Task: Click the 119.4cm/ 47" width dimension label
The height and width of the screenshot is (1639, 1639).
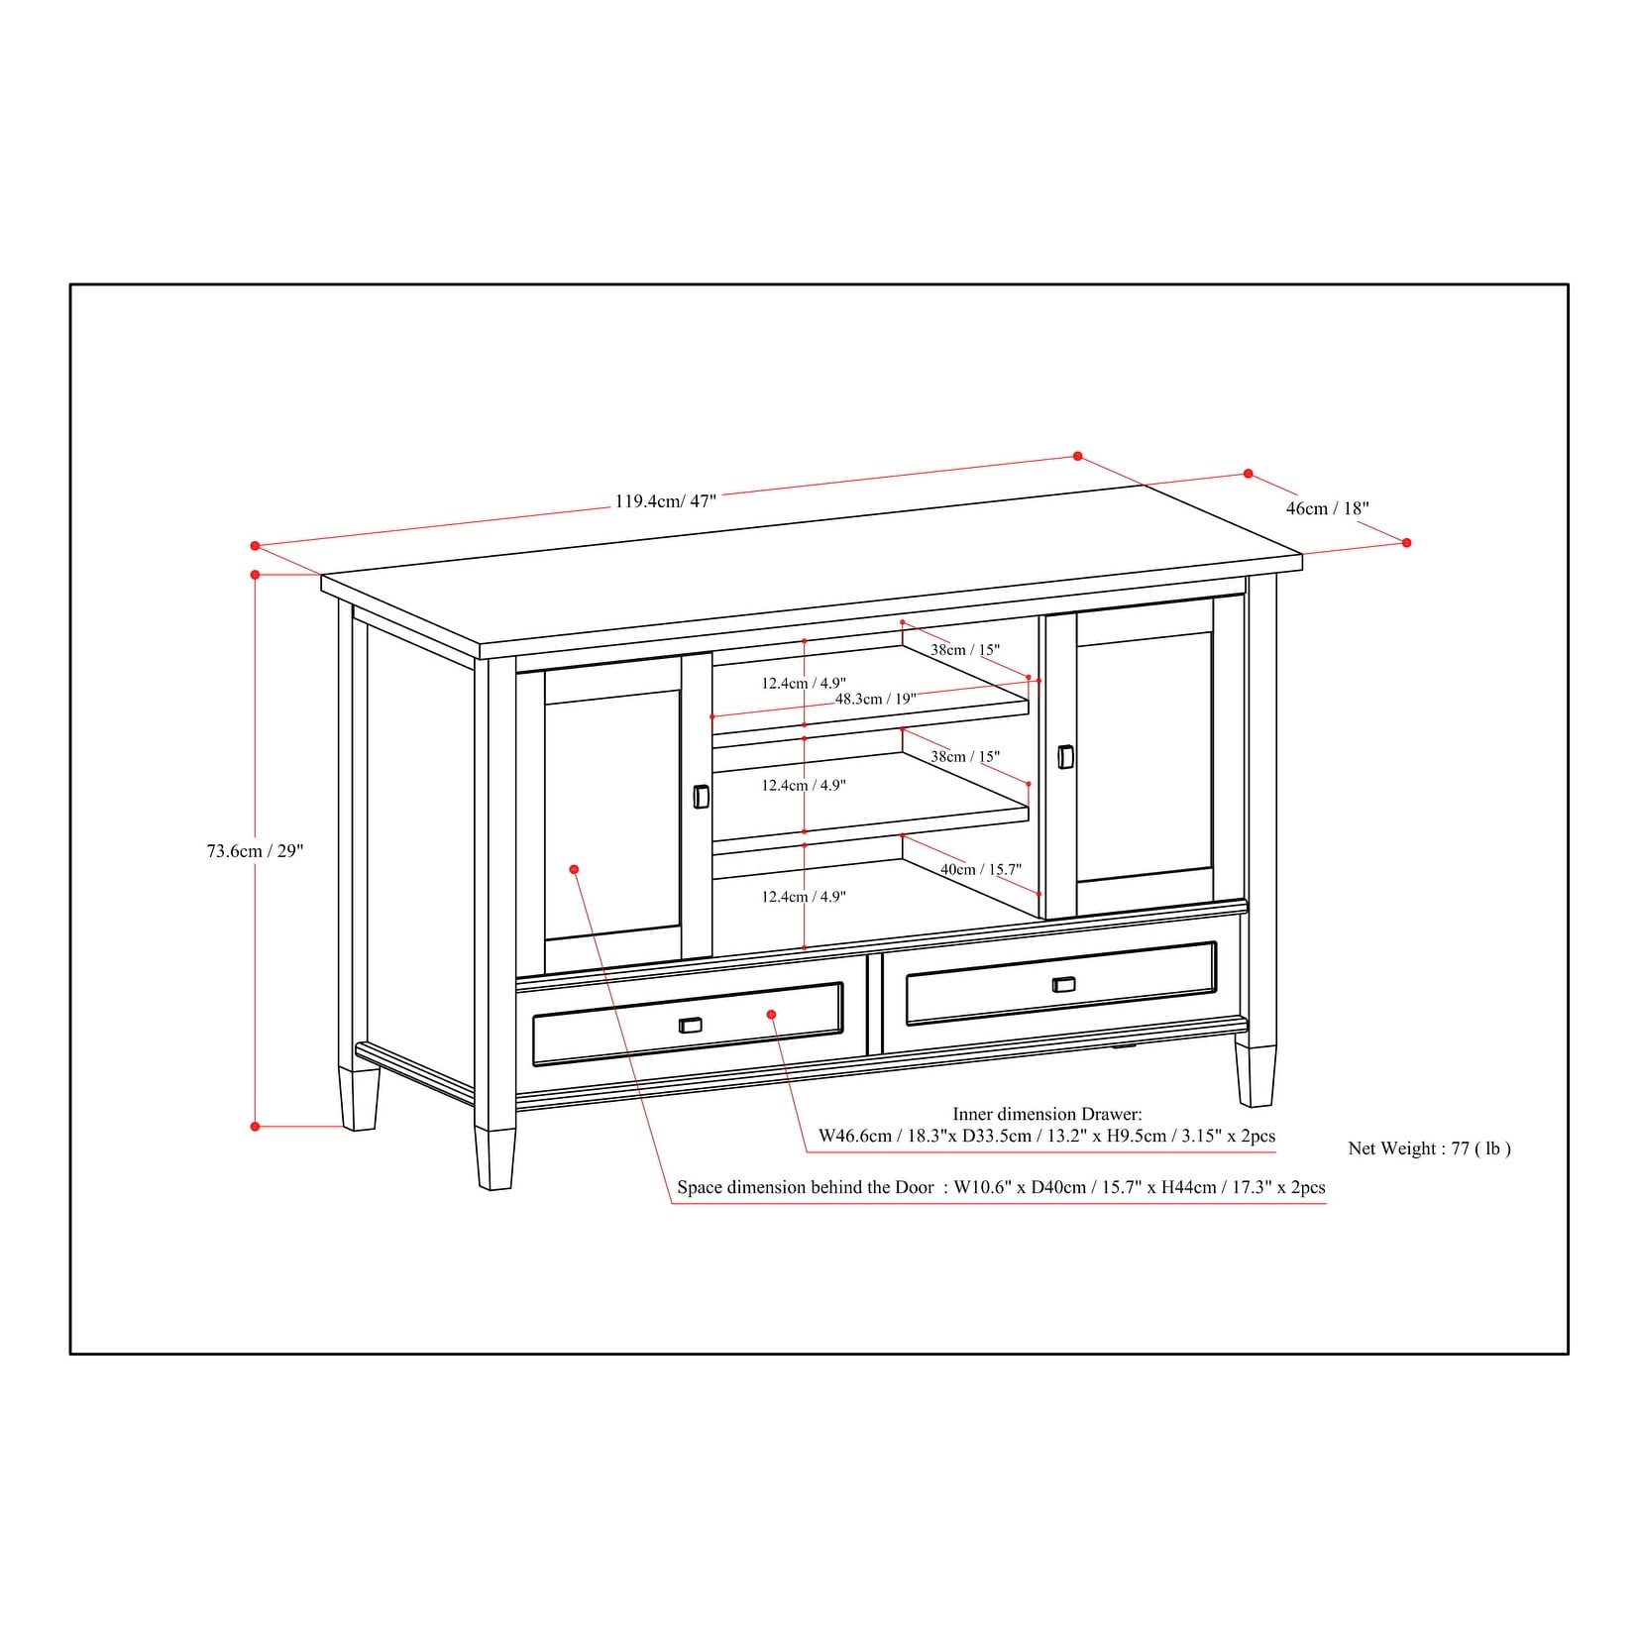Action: pyautogui.click(x=665, y=501)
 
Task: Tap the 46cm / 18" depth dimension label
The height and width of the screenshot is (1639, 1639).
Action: pyautogui.click(x=1327, y=508)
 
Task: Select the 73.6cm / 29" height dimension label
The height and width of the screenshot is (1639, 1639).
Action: pyautogui.click(x=255, y=850)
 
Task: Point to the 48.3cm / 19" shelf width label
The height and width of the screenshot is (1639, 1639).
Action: pyautogui.click(x=875, y=699)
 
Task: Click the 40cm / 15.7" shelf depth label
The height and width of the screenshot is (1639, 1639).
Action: pyautogui.click(x=980, y=869)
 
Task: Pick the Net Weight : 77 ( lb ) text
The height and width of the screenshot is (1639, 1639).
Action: pyautogui.click(x=1429, y=1148)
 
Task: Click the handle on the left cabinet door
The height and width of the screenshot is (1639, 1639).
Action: pyautogui.click(x=701, y=797)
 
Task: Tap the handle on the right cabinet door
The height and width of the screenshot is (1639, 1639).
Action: pyautogui.click(x=1065, y=756)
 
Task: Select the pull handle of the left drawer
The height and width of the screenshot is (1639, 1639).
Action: pyautogui.click(x=691, y=1025)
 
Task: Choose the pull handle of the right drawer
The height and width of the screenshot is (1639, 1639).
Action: pyautogui.click(x=1063, y=984)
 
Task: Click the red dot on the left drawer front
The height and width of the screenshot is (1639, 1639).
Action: pyautogui.click(x=771, y=1015)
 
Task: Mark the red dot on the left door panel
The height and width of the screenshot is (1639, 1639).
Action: pyautogui.click(x=574, y=869)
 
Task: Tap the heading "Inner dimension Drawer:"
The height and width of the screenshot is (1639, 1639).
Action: pyautogui.click(x=1047, y=1115)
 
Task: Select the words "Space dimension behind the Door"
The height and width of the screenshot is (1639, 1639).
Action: pyautogui.click(x=806, y=1187)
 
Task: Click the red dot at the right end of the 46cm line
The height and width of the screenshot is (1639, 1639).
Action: pyautogui.click(x=1407, y=543)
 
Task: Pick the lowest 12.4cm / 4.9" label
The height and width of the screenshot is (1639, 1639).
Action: pyautogui.click(x=804, y=897)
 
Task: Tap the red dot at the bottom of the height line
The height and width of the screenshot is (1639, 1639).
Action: pyautogui.click(x=255, y=1127)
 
